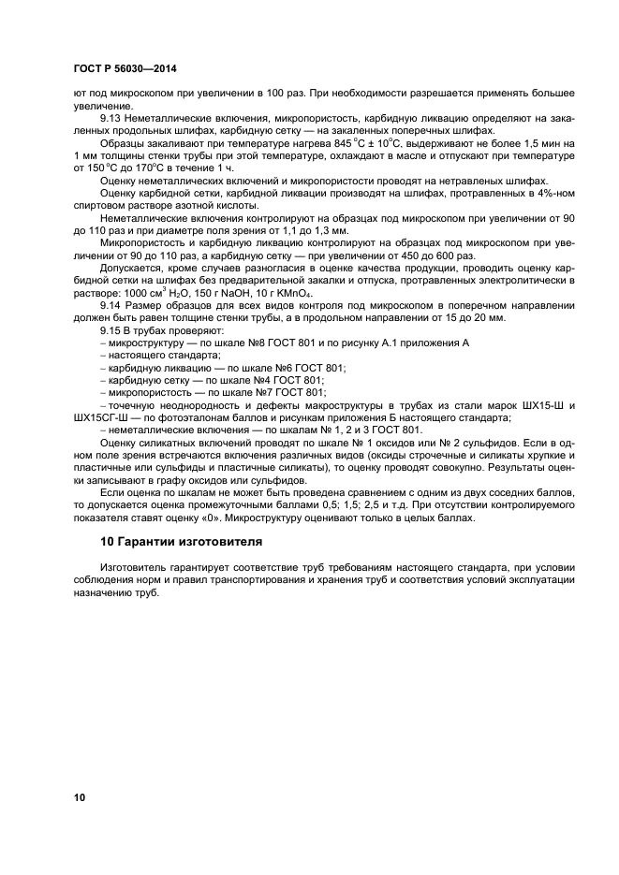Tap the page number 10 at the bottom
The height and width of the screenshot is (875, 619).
(80, 796)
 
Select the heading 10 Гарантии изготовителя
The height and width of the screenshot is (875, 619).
(169, 542)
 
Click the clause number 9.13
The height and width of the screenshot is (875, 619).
(111, 119)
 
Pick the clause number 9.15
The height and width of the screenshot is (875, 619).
(111, 330)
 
